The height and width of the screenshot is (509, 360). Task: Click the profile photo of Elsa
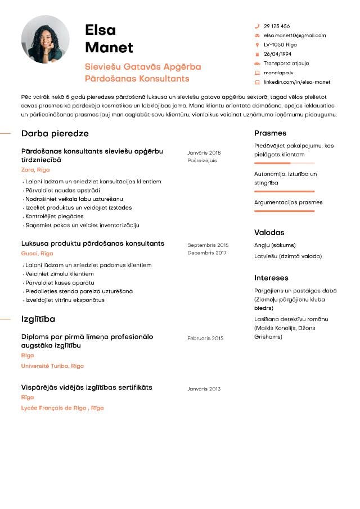coord(45,39)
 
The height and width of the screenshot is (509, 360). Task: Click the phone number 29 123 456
coord(277,26)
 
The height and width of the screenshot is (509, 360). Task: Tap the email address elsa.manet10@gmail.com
coord(295,35)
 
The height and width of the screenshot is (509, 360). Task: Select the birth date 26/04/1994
coord(277,54)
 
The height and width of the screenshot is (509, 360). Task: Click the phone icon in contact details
coord(257,26)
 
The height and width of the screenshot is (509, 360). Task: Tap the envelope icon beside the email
coord(257,35)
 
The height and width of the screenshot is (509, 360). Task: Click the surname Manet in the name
coord(109,47)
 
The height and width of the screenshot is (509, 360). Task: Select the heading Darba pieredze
coord(55,134)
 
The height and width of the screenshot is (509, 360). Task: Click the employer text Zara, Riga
coord(35,169)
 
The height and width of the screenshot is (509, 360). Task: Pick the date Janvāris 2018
coord(204,153)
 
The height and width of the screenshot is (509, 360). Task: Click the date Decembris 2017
coord(206,253)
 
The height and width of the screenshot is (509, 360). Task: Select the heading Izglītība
coord(38,319)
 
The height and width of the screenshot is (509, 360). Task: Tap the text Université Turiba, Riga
coord(52,366)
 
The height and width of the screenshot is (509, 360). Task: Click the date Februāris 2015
coord(205,339)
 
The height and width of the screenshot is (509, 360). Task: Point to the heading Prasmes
coord(270,133)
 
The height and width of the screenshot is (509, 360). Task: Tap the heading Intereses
coord(271,278)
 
